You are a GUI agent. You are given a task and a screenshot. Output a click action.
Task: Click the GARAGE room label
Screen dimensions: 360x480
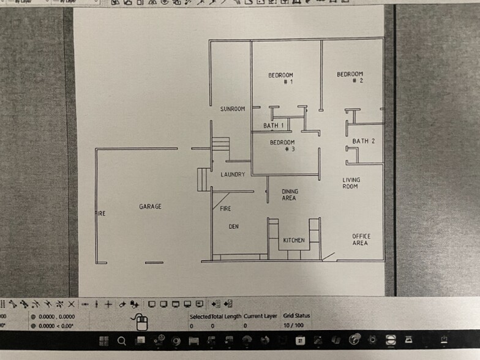[150, 207]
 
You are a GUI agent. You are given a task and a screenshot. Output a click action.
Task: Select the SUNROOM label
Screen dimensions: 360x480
[233, 109]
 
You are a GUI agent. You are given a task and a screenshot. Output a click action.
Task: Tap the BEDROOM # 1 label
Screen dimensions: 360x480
[281, 78]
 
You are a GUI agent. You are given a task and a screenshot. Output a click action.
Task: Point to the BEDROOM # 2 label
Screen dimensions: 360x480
[350, 77]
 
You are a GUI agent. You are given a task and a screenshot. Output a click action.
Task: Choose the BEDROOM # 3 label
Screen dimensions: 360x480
[283, 146]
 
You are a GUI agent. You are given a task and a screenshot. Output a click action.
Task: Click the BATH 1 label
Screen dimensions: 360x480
[274, 126]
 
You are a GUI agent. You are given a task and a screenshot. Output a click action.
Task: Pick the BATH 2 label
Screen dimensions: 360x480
[363, 141]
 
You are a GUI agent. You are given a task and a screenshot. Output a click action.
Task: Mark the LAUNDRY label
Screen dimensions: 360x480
[233, 174]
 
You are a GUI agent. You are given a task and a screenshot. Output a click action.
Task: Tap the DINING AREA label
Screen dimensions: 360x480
[289, 195]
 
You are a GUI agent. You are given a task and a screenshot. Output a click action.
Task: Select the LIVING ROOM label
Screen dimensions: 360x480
[351, 183]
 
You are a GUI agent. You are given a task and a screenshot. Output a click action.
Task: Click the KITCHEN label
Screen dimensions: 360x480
[294, 241]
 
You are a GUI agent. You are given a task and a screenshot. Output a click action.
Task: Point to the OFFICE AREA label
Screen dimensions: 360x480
[361, 239]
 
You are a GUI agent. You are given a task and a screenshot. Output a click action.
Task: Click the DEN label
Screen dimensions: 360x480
[233, 227]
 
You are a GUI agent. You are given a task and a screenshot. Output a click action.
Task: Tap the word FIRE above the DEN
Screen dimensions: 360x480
[225, 209]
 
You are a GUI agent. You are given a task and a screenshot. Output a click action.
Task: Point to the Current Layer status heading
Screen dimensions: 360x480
[260, 316]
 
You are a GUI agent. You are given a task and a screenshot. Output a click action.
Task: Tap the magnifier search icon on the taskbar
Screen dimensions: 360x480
[121, 341]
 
